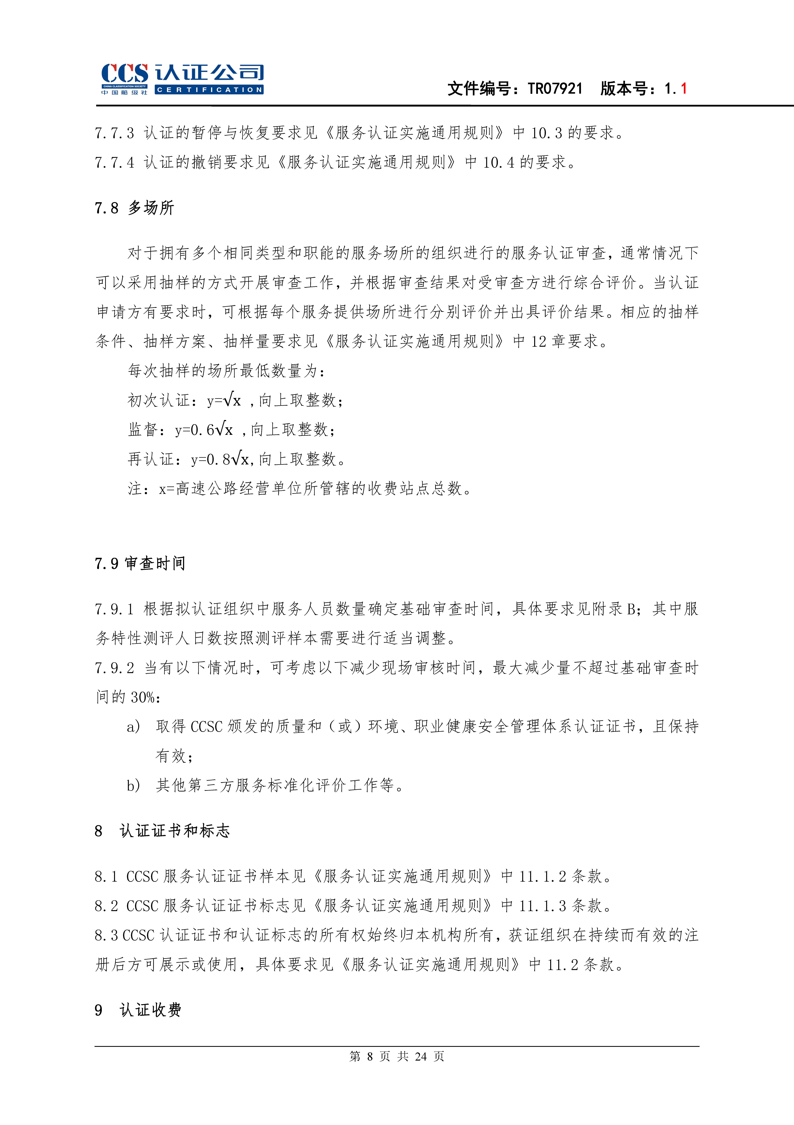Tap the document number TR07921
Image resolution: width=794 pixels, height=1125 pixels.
pos(555,89)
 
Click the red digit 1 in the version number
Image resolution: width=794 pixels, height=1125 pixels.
pos(683,89)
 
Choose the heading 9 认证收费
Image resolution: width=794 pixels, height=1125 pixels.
pos(138,1010)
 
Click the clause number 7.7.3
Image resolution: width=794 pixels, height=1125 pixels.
pos(114,133)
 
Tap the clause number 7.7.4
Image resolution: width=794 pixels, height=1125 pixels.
pos(114,162)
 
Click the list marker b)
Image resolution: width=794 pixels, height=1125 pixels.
pos(133,785)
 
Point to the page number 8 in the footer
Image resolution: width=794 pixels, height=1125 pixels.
pos(370,1056)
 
